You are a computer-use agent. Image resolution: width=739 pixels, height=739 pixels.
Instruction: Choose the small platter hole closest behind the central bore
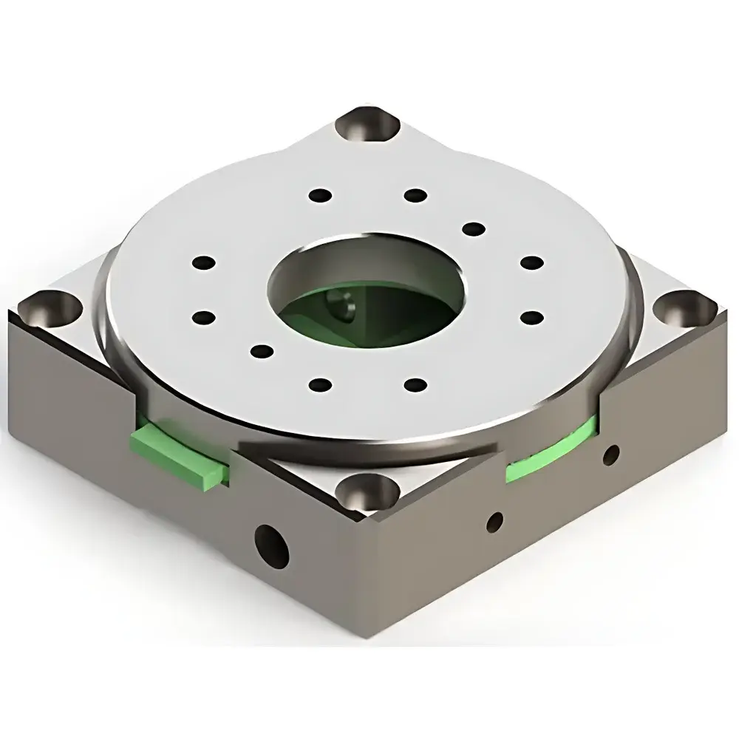coord(416,195)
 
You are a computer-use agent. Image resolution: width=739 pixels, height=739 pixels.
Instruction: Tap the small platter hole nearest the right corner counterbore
coord(531,316)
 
